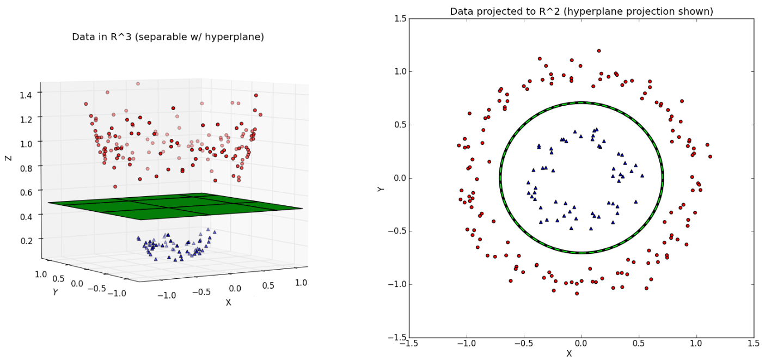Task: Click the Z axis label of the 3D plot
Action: (8, 158)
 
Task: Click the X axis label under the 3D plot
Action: (228, 302)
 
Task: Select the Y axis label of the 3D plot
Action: (55, 292)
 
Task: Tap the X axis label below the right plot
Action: (569, 353)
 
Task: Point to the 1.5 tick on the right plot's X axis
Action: (754, 344)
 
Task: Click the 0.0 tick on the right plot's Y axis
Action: (400, 178)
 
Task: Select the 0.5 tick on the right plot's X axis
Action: (639, 344)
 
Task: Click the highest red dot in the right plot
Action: (599, 51)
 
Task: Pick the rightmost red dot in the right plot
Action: (710, 156)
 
